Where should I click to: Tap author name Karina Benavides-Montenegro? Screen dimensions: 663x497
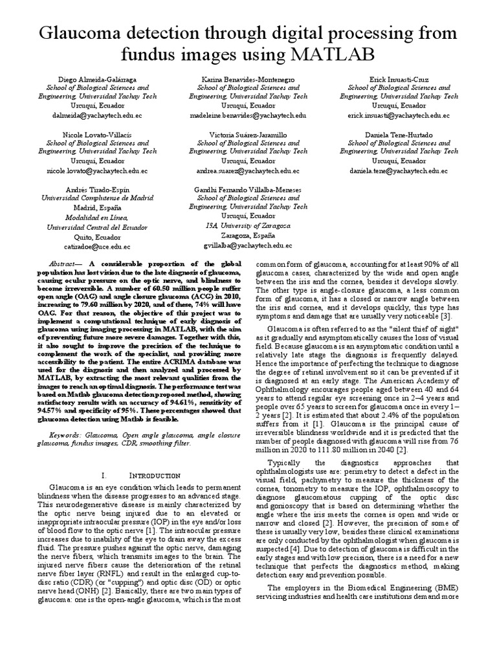[248, 78]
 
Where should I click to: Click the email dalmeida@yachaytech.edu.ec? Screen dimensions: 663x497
[97, 115]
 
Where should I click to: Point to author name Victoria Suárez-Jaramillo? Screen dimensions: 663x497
[248, 133]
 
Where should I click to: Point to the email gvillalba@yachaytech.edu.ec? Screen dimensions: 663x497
[248, 246]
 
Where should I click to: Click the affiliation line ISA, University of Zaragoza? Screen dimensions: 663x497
[248, 225]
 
